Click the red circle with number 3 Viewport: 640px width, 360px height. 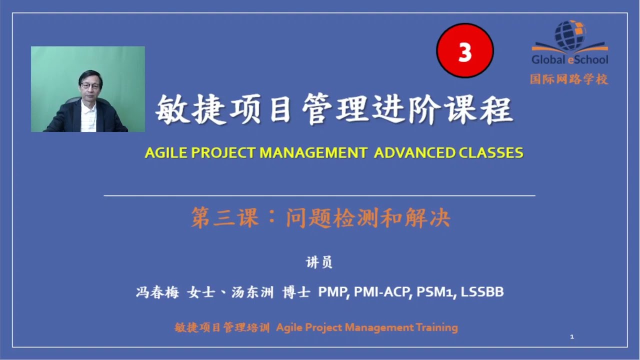(x=465, y=51)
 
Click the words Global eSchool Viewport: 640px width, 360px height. (x=570, y=59)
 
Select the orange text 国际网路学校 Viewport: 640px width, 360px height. (x=569, y=79)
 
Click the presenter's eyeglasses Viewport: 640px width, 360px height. (x=90, y=86)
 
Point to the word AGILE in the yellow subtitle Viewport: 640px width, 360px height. (x=161, y=153)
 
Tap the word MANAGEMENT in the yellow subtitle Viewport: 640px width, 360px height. (x=313, y=153)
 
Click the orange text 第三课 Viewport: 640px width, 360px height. (x=224, y=218)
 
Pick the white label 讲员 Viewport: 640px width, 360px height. (x=319, y=262)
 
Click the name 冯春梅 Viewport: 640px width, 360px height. (x=157, y=292)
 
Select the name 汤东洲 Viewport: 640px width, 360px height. (x=252, y=292)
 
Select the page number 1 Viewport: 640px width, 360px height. (x=572, y=337)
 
